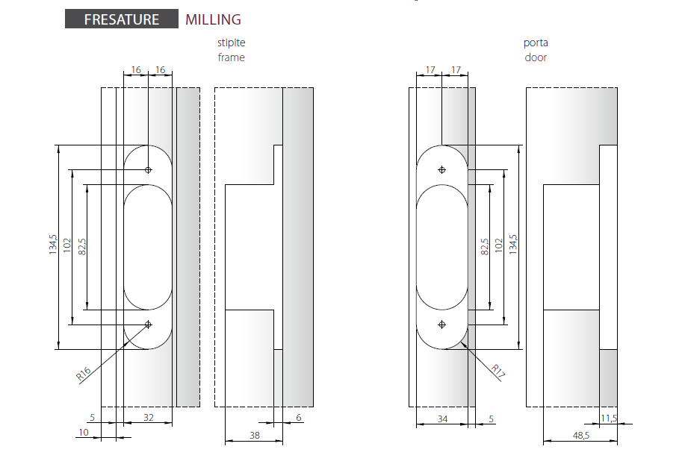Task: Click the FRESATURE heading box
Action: point(122,19)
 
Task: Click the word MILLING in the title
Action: point(213,19)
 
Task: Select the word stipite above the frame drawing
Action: point(232,43)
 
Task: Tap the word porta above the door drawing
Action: point(536,43)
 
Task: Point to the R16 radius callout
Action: point(84,374)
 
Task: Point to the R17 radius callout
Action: point(498,371)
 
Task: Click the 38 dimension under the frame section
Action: point(255,435)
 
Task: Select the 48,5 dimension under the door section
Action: point(581,436)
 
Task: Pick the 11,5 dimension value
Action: point(609,418)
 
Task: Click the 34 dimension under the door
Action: point(442,419)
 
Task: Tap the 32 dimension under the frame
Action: point(149,417)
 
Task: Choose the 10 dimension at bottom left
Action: point(84,433)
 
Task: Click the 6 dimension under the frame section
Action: point(299,418)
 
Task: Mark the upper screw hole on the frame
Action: point(149,170)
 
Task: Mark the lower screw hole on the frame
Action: point(149,325)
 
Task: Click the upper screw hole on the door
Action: point(441,170)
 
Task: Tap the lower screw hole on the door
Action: point(441,325)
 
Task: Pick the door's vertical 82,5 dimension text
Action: point(485,247)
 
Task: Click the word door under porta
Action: point(536,57)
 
